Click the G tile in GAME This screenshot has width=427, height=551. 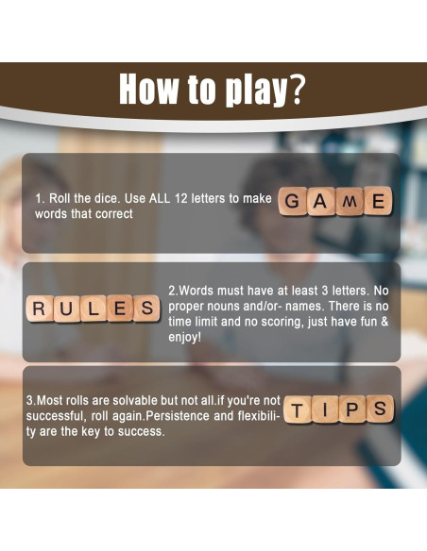pos(294,201)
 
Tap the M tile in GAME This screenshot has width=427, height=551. pos(350,201)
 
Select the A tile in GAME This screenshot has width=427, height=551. pos(322,201)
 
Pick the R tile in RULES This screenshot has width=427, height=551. pos(40,308)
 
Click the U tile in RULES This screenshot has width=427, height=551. pos(67,308)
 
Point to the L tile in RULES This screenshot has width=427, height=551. pos(94,308)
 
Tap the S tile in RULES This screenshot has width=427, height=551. pos(147,308)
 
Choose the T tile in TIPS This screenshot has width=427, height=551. pos(298,409)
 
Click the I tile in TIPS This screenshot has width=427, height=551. pos(325,409)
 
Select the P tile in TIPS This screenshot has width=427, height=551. pos(352,409)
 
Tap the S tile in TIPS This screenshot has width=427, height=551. pos(380,409)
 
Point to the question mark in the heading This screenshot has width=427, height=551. pos(296,90)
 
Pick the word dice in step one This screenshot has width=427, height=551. pos(103,199)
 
